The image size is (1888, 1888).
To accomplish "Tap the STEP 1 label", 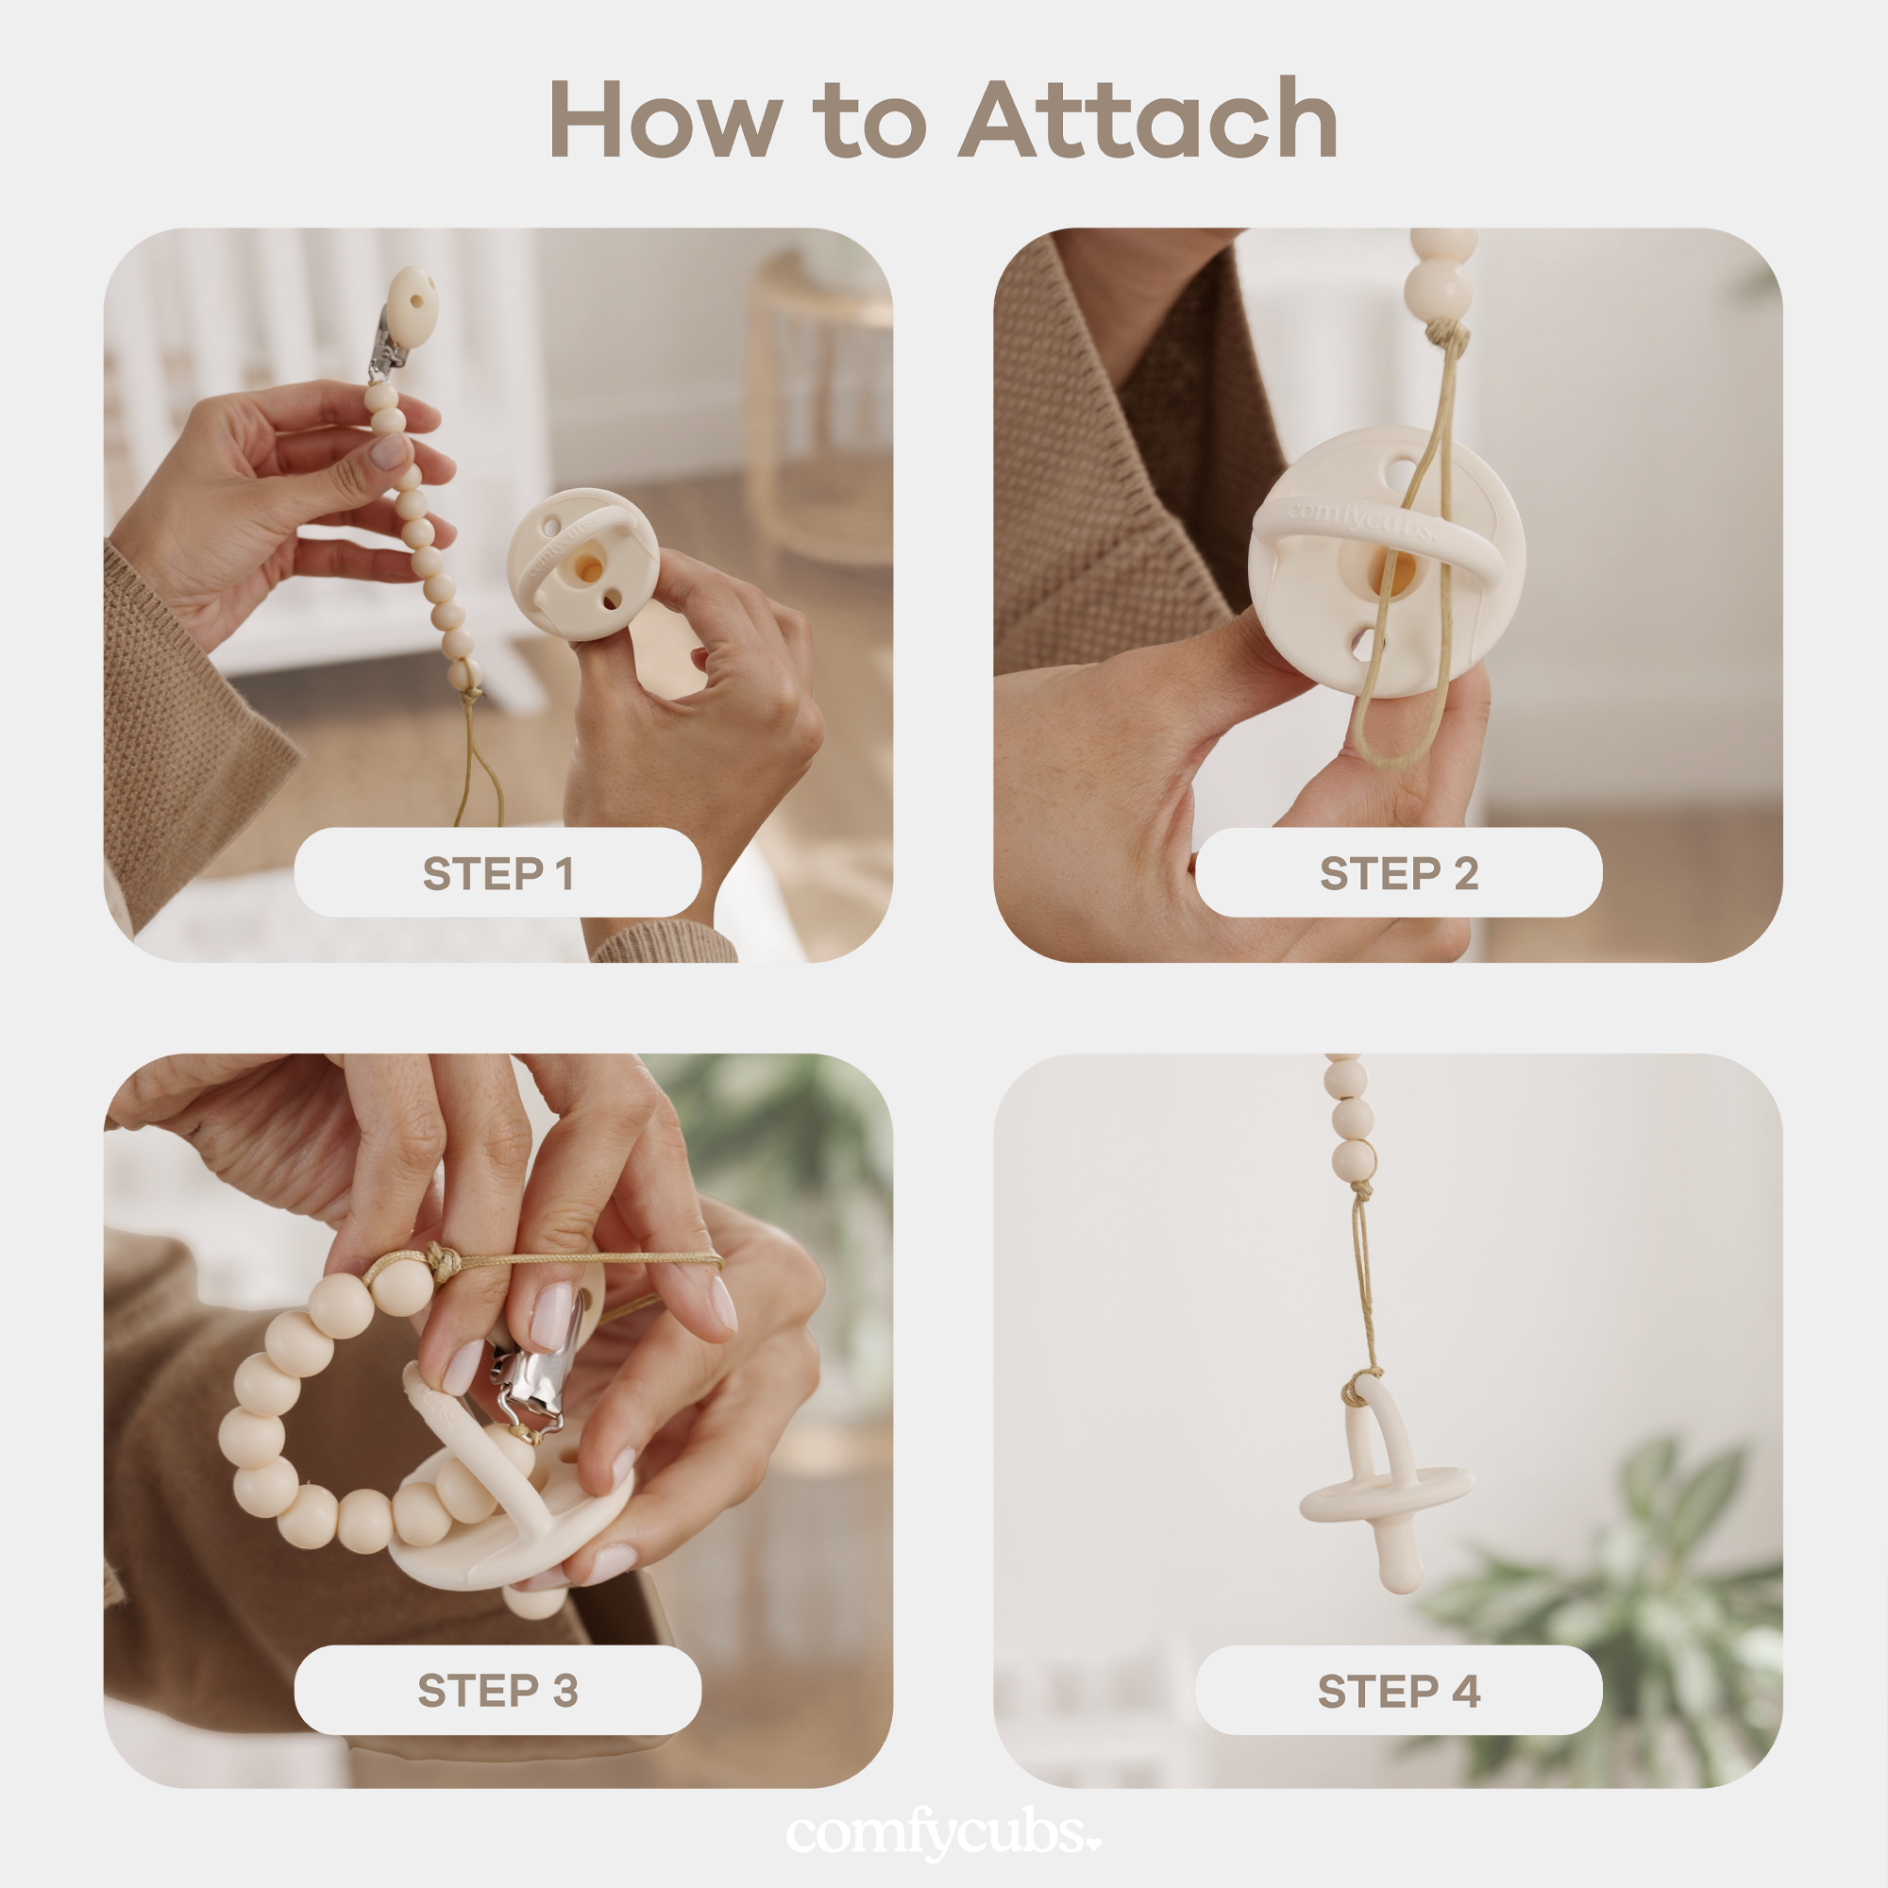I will click(497, 872).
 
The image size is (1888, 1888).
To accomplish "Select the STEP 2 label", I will click(1398, 872).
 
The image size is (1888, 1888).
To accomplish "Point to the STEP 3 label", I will click(497, 1691).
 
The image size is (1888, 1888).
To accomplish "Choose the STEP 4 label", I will click(1398, 1691).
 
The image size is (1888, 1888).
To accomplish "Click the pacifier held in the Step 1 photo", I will click(582, 565).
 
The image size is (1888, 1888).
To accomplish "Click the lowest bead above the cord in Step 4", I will click(1355, 1160).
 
